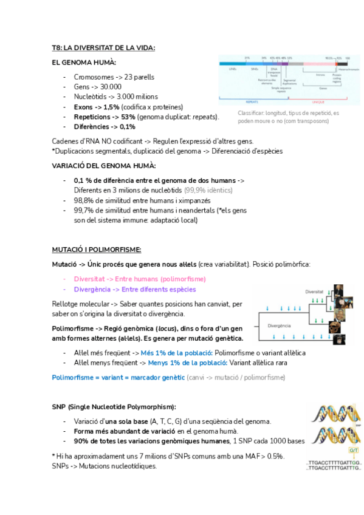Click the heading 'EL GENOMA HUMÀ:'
84,63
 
